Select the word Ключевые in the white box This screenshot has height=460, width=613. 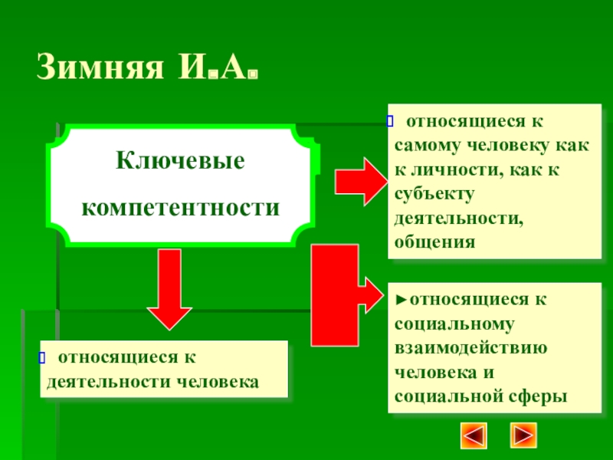click(180, 162)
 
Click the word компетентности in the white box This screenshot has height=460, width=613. click(180, 208)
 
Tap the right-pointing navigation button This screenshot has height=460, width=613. click(525, 435)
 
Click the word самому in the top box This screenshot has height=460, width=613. click(432, 145)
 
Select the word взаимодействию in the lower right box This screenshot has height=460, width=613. click(470, 347)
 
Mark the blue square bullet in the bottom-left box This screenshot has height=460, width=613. click(44, 356)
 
